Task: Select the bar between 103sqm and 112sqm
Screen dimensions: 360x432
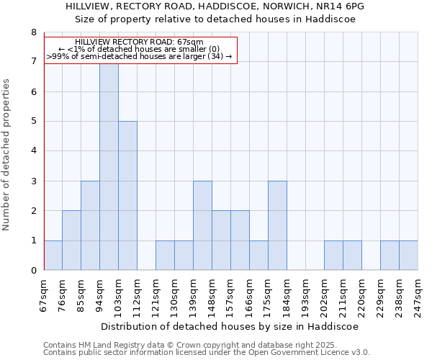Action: (127, 196)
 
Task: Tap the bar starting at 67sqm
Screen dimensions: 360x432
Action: (53, 256)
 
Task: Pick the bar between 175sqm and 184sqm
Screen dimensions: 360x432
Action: (277, 225)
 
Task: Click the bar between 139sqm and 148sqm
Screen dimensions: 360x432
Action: (202, 225)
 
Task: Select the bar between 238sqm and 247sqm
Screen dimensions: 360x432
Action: (408, 256)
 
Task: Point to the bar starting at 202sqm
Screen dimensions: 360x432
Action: (333, 256)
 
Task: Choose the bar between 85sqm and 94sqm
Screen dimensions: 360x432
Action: (90, 225)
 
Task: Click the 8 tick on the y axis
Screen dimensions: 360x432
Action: (33, 32)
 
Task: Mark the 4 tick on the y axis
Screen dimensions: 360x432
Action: (33, 151)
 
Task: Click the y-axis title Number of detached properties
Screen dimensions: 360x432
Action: (7, 155)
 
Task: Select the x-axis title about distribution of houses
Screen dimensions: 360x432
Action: (229, 326)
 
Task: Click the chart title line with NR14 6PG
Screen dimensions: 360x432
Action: (215, 6)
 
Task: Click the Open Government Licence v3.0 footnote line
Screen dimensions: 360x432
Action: (207, 353)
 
